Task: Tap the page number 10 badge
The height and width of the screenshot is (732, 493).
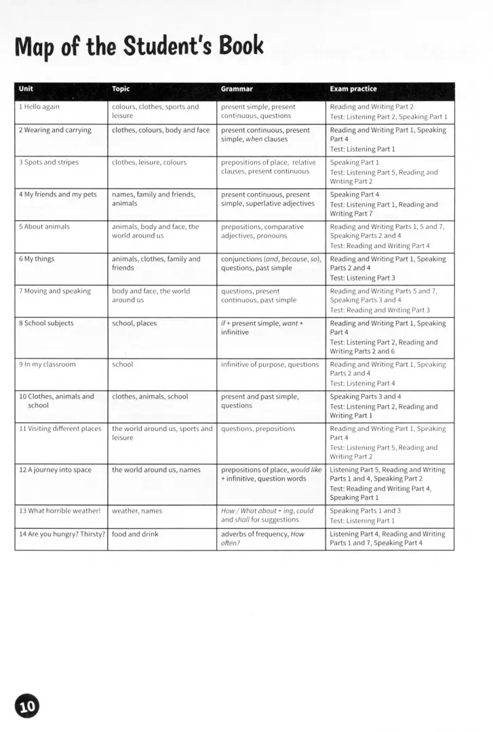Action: [26, 706]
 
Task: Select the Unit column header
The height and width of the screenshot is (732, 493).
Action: [26, 89]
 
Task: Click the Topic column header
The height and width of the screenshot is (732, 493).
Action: [121, 89]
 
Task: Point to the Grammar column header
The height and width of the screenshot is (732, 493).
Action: [237, 89]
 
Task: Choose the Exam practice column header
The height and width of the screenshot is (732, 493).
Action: [353, 89]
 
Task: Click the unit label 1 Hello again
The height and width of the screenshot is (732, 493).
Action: [39, 107]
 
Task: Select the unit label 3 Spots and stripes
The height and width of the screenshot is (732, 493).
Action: [49, 163]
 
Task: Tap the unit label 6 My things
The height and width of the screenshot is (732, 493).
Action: [37, 259]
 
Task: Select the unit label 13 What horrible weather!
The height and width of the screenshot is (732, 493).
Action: [60, 511]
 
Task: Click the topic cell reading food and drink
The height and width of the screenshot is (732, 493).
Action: [135, 534]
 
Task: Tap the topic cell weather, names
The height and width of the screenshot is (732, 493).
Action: [137, 511]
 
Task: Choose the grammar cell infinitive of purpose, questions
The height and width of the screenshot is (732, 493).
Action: [269, 365]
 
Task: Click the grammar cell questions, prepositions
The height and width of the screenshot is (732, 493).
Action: [258, 429]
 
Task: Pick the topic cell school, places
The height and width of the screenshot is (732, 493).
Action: [134, 323]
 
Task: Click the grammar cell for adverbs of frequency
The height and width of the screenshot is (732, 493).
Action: [262, 538]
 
